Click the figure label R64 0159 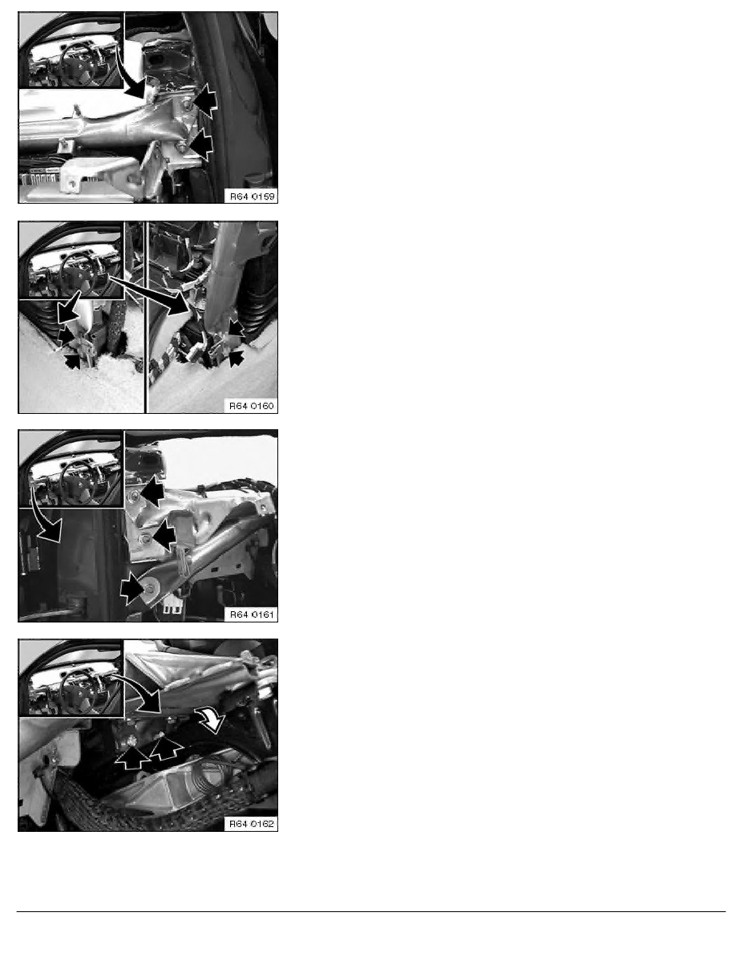[252, 197]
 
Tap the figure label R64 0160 [252, 405]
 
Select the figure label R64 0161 [252, 614]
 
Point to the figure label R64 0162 [252, 824]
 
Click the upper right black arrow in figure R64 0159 [205, 100]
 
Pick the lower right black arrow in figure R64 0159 [200, 144]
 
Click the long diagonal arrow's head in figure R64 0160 [178, 303]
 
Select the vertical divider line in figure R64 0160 [147, 317]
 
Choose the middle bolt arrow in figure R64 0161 [164, 535]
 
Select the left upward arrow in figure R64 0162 [133, 756]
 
